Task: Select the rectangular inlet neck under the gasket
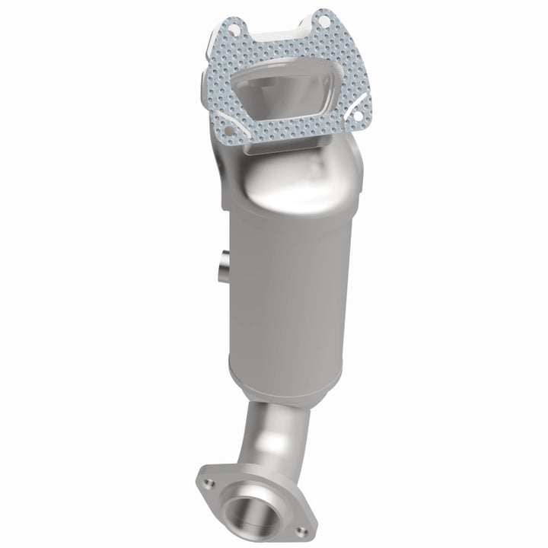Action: (x=251, y=164)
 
